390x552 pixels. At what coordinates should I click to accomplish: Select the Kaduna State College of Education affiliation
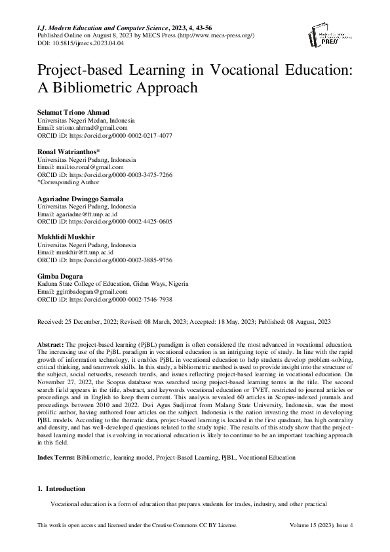click(x=113, y=283)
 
